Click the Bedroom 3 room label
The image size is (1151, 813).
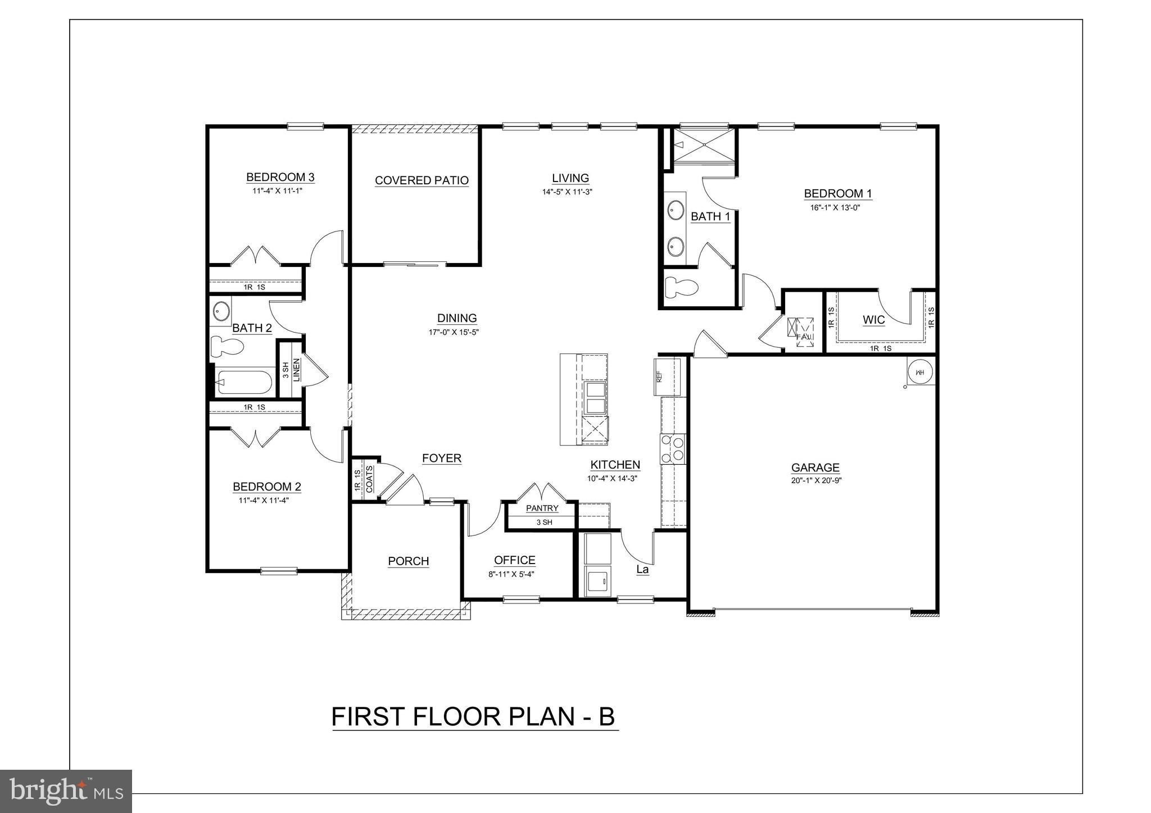point(280,178)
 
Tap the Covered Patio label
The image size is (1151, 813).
point(422,180)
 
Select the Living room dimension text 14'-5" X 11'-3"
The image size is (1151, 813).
point(568,192)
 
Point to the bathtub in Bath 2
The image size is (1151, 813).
point(244,383)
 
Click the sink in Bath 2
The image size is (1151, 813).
point(220,311)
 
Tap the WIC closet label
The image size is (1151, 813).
point(873,320)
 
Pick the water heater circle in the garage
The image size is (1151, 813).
point(920,372)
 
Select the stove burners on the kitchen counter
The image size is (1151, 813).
point(673,448)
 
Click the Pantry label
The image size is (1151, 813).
point(542,508)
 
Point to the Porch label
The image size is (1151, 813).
point(409,561)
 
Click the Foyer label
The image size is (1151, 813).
point(442,458)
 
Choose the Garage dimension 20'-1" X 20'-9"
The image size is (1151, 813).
point(815,481)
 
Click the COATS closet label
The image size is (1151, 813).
point(369,479)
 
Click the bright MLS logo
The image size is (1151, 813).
point(66,791)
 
